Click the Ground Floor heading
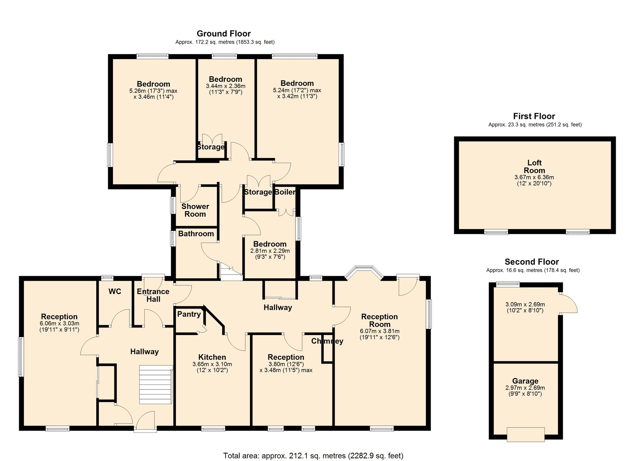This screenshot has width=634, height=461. tap(224, 33)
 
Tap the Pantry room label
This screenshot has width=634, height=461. tap(189, 314)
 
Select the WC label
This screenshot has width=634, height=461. tap(115, 291)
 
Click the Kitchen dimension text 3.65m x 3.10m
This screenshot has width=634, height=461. tap(212, 364)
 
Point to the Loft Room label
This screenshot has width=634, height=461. tap(534, 167)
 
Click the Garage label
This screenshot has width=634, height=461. tap(525, 381)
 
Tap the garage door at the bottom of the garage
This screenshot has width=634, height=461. tap(525, 434)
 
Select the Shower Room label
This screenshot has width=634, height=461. tap(195, 210)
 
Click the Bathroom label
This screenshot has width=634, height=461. tap(196, 233)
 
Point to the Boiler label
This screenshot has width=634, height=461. tap(285, 192)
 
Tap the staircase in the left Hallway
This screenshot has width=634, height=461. tap(155, 385)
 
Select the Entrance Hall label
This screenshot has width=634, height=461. tap(153, 295)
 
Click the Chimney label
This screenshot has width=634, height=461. tap(327, 341)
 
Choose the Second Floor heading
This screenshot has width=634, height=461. tap(532, 262)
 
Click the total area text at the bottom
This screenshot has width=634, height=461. tap(313, 455)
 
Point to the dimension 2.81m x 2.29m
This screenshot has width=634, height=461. tap(270, 251)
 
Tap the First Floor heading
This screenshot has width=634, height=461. tap(534, 116)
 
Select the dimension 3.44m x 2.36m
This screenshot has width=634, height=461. tap(225, 86)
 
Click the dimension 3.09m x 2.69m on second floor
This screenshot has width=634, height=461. tap(525, 304)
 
